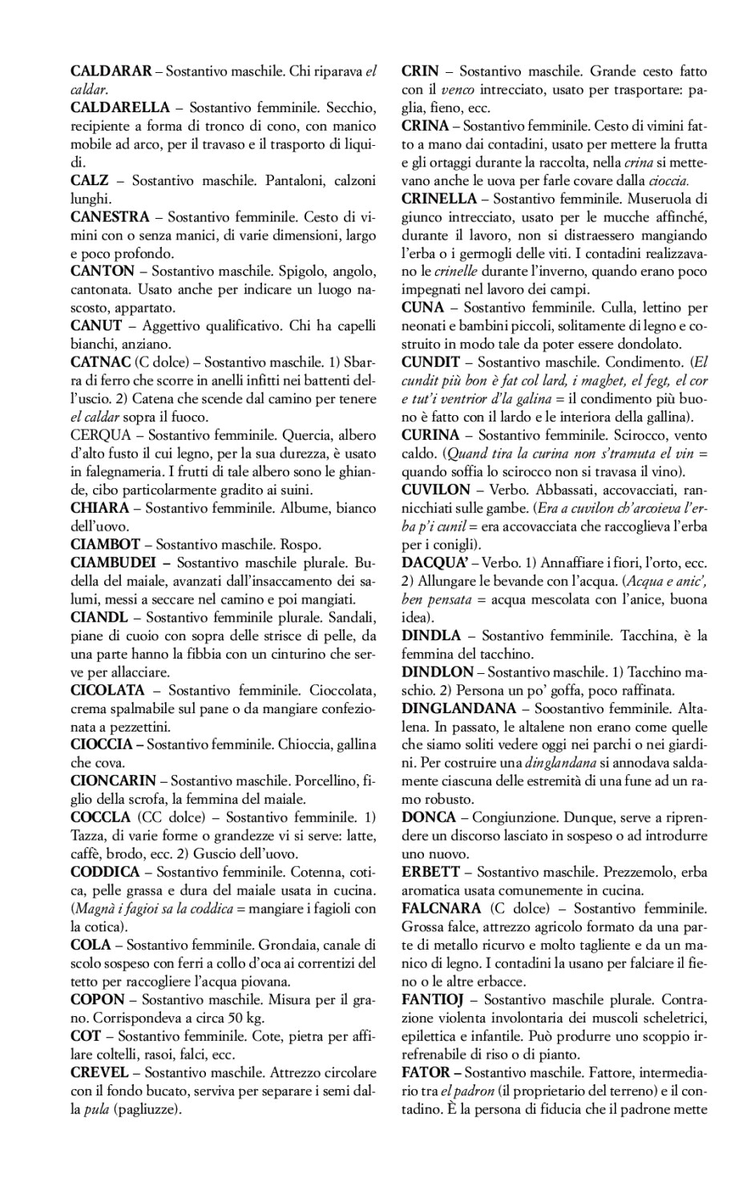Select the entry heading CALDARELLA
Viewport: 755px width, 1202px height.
(120, 107)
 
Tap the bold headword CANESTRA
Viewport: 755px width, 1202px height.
(110, 216)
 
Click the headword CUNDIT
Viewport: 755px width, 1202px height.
(431, 361)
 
